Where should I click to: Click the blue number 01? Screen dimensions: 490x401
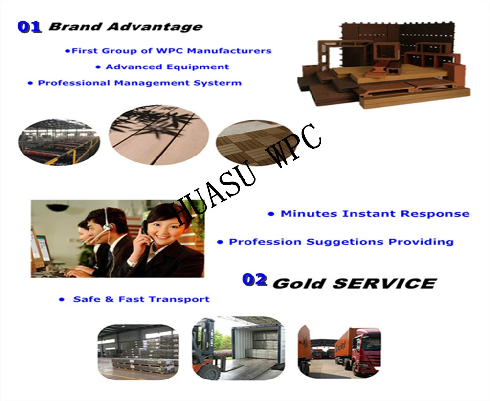(29, 27)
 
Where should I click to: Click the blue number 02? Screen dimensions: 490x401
(255, 280)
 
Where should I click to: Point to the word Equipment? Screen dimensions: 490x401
(198, 67)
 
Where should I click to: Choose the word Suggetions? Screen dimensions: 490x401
(345, 242)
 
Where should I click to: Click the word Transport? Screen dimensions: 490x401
(179, 299)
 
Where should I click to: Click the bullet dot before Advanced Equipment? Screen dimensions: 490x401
(98, 67)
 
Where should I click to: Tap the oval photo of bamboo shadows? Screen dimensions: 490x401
(159, 134)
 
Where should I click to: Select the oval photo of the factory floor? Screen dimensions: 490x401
(59, 142)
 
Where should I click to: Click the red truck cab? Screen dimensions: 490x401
(366, 350)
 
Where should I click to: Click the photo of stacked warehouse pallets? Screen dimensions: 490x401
(138, 352)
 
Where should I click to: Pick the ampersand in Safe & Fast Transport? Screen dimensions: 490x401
(110, 299)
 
